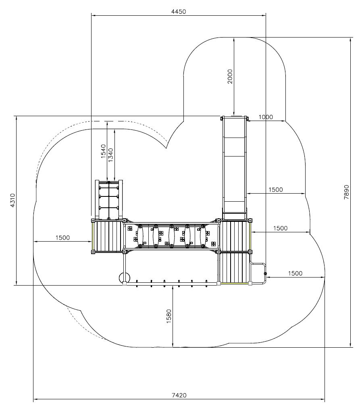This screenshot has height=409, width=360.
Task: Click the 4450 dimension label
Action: tap(179, 11)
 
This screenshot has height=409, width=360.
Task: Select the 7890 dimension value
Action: tap(346, 192)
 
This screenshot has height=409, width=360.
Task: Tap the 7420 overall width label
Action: tap(179, 395)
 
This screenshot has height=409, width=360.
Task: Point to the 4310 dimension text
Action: tap(12, 200)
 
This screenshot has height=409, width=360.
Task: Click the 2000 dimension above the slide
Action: tap(230, 76)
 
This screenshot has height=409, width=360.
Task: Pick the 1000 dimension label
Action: tap(266, 117)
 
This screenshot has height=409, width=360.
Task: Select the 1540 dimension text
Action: tap(104, 151)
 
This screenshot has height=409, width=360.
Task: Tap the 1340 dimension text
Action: tap(111, 155)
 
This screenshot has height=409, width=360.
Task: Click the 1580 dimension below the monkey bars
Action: tap(169, 316)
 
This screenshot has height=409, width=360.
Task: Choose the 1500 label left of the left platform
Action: tap(62, 238)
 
